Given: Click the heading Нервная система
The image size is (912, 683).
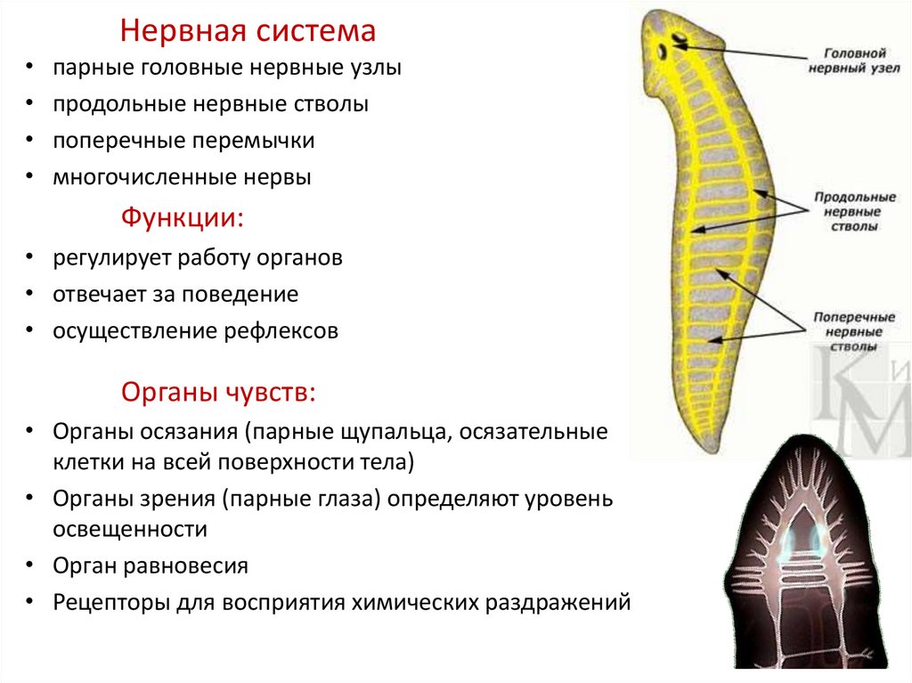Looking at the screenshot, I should coord(248,32).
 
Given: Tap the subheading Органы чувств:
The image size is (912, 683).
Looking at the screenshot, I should coord(217,392).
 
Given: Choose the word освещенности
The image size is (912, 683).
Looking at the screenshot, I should coord(130,528).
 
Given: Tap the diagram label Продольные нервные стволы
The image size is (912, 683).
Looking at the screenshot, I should coord(845,212).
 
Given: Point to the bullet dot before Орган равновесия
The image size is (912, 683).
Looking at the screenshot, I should coord(31,565).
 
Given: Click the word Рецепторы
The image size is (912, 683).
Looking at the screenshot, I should coord(107,601).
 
